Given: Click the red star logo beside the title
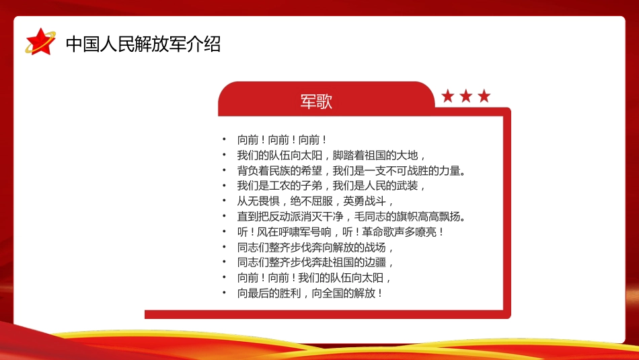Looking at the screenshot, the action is (x=40, y=42).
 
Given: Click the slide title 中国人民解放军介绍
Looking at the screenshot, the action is (x=143, y=44).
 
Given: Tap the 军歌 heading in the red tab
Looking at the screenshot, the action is (x=316, y=102).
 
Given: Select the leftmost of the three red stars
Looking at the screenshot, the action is (x=448, y=96).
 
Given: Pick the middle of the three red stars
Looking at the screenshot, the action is (x=466, y=96).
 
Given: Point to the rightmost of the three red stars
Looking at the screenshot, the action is (x=484, y=96).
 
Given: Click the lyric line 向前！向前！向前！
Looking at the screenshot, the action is (x=282, y=140).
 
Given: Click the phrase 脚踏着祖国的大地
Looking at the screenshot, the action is (x=375, y=155).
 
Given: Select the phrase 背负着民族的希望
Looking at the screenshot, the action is (x=280, y=171).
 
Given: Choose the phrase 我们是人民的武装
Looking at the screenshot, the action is (x=375, y=186).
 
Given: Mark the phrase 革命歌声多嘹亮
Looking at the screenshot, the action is (x=400, y=232).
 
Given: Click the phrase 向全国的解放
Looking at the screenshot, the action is (x=344, y=293).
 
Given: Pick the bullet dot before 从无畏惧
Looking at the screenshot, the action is (x=224, y=201).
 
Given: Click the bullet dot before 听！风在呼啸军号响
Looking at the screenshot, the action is (x=224, y=231).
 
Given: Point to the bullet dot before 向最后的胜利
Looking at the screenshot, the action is (x=224, y=292).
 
